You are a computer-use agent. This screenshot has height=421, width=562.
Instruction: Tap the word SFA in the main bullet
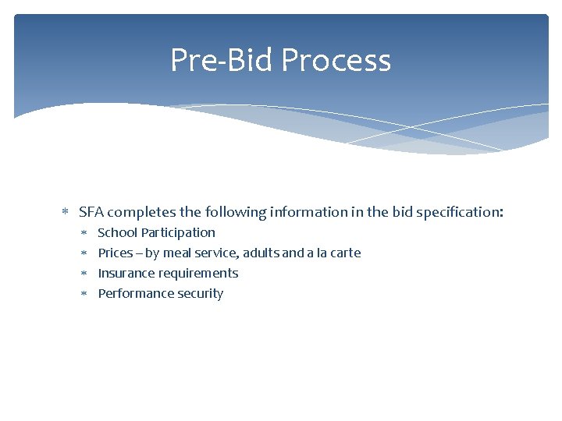[x=91, y=211]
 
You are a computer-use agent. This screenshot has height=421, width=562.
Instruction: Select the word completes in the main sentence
[x=138, y=212]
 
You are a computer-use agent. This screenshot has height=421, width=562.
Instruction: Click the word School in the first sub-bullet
[x=117, y=232]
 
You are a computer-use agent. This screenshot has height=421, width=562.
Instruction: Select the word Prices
[x=116, y=253]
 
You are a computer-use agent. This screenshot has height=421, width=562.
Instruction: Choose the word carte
[x=344, y=253]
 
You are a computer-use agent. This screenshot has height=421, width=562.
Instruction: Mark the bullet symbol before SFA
[x=66, y=212]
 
